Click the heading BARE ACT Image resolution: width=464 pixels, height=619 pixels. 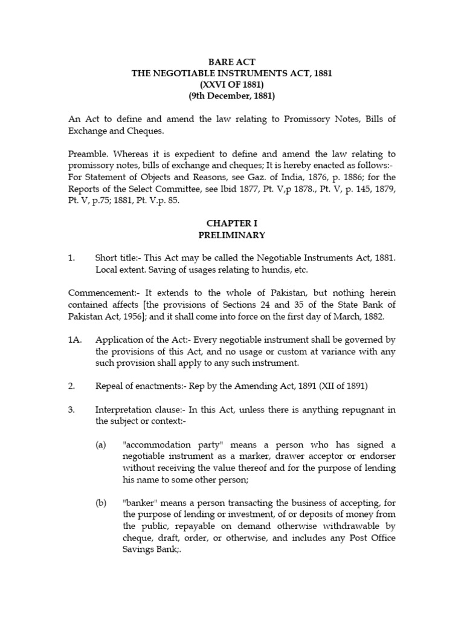(233, 61)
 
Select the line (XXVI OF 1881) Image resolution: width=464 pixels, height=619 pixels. (233, 85)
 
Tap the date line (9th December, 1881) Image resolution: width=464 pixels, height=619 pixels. (233, 96)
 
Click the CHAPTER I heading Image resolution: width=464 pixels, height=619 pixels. (233, 223)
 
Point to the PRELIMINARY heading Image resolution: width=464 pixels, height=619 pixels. (233, 235)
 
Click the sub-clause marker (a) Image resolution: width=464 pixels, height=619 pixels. (100, 444)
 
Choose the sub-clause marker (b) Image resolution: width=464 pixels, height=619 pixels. (100, 502)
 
